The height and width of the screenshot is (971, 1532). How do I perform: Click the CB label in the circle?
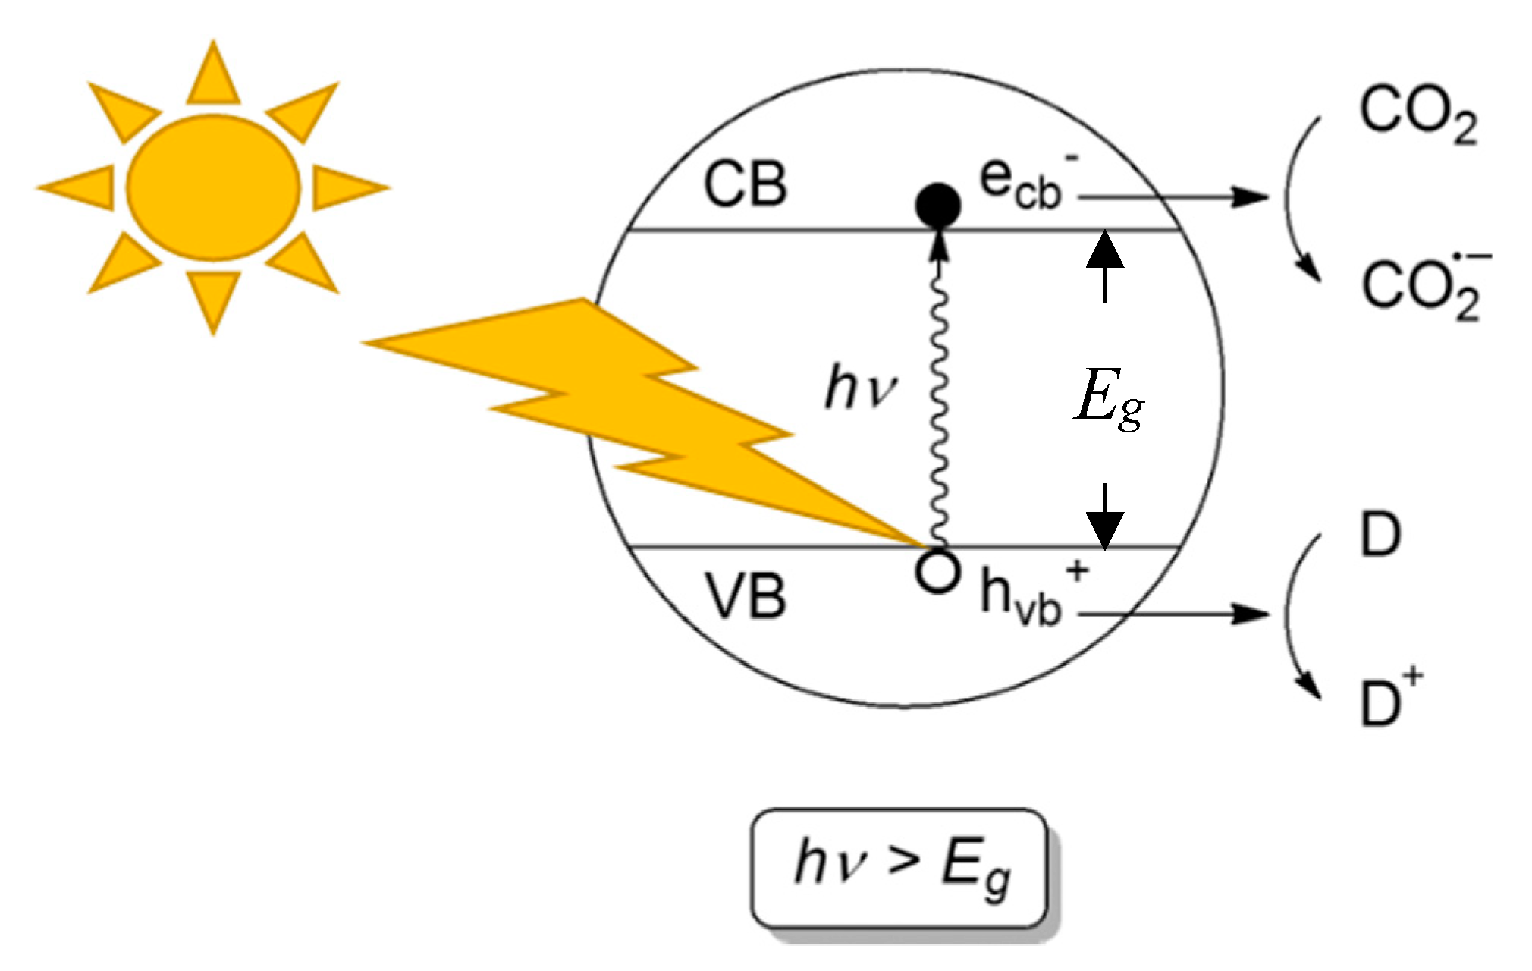click(746, 184)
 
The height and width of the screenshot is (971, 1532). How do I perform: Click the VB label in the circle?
click(747, 596)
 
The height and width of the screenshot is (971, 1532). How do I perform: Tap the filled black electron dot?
click(938, 204)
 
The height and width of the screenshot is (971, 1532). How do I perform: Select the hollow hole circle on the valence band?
click(938, 571)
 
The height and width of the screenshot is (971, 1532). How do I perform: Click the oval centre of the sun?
click(213, 187)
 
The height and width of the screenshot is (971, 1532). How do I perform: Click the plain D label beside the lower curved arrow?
click(1380, 535)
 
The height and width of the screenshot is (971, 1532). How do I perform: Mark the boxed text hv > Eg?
click(901, 869)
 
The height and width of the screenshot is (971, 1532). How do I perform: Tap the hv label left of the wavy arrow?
click(859, 388)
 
